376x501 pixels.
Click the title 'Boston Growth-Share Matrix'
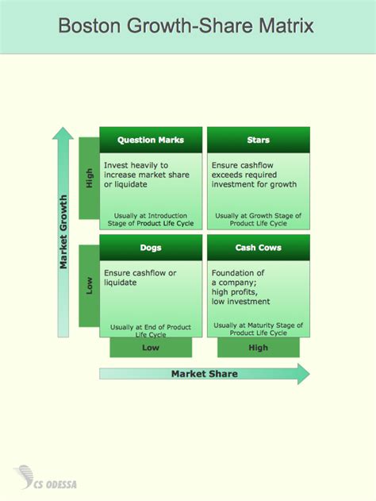point(186,25)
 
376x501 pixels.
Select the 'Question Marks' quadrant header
point(151,140)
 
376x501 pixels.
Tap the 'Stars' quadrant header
point(259,140)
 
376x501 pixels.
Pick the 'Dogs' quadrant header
point(151,248)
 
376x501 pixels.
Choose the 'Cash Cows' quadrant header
point(259,248)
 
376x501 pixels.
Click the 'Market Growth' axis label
point(63,232)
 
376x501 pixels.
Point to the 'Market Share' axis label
point(205,374)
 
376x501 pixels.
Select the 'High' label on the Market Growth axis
point(89,178)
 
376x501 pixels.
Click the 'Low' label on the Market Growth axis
point(89,285)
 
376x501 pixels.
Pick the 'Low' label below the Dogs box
point(151,348)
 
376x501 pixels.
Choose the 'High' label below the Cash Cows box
point(259,348)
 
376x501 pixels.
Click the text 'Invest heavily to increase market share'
point(147,170)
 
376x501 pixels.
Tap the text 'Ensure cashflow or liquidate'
point(140,278)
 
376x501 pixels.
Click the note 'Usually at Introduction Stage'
point(151,219)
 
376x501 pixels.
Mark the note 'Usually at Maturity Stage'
point(259,329)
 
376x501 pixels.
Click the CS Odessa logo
point(45,478)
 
